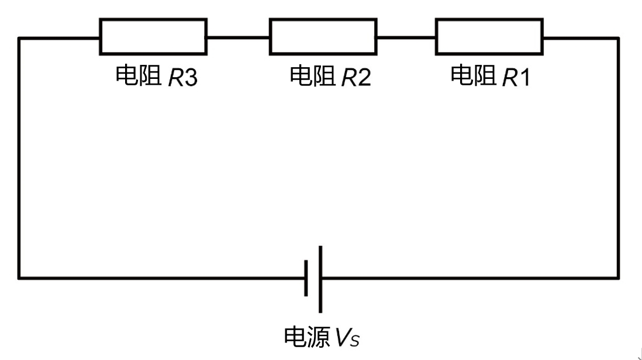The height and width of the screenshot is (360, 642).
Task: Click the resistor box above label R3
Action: (x=153, y=37)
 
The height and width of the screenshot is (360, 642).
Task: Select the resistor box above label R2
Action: (x=322, y=37)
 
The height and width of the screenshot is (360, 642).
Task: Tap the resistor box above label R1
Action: (x=489, y=37)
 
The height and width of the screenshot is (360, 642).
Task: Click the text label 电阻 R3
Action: (x=157, y=77)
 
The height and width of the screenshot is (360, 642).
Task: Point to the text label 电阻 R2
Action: (x=330, y=77)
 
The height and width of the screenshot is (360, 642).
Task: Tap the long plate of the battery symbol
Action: (x=320, y=279)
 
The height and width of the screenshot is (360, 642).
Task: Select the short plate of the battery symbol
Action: (x=306, y=278)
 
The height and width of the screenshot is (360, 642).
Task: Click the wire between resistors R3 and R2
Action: (x=237, y=37)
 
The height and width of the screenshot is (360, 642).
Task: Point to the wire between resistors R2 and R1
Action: (x=406, y=37)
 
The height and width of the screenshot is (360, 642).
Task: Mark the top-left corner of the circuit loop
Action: (x=19, y=39)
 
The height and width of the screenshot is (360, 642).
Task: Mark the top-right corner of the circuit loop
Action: (x=617, y=39)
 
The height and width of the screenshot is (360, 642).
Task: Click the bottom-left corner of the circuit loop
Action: (x=19, y=278)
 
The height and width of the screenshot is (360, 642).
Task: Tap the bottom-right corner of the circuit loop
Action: (x=617, y=278)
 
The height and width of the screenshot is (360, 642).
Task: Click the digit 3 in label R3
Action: (x=191, y=78)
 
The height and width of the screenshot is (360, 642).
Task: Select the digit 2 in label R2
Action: (x=364, y=78)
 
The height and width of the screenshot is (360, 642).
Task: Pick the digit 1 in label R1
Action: (x=524, y=78)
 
